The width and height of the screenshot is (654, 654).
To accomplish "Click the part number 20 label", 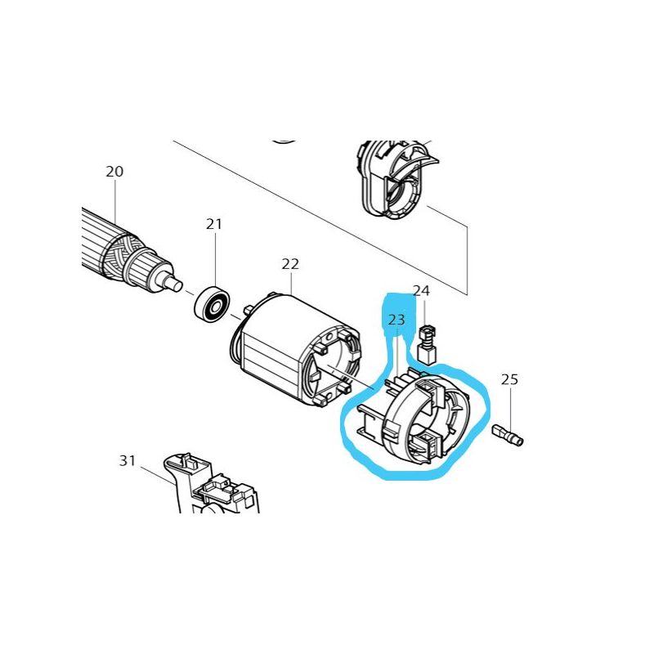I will click(114, 172).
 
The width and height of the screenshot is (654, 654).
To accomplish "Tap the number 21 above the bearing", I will click(214, 224).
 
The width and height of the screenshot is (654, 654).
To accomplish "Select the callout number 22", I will click(290, 264).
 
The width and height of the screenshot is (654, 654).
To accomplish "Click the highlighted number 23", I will click(396, 320).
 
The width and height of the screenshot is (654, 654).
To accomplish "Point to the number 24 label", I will click(421, 291).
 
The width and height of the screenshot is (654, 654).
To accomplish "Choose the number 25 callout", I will click(509, 379).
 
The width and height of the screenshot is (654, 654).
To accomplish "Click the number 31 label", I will click(127, 461).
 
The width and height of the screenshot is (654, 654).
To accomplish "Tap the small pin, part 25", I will click(509, 434).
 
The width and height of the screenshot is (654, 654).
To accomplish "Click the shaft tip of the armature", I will click(178, 282).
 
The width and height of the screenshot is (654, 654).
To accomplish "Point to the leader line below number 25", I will click(510, 405).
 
